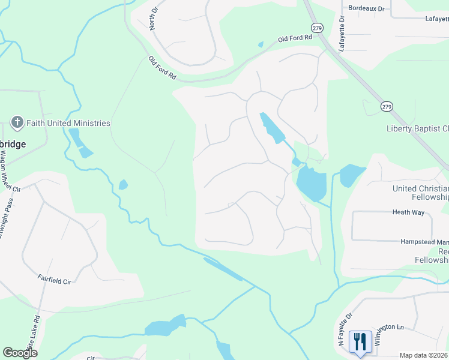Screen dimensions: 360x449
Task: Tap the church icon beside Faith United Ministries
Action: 17,123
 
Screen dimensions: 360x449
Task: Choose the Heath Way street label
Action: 409,212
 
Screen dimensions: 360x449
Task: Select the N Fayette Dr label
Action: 345,332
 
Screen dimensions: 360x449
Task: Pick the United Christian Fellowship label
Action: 420,193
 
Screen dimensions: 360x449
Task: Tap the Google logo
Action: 20,353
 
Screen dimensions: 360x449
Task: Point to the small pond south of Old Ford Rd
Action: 260,44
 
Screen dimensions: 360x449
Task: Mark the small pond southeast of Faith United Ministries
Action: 123,185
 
